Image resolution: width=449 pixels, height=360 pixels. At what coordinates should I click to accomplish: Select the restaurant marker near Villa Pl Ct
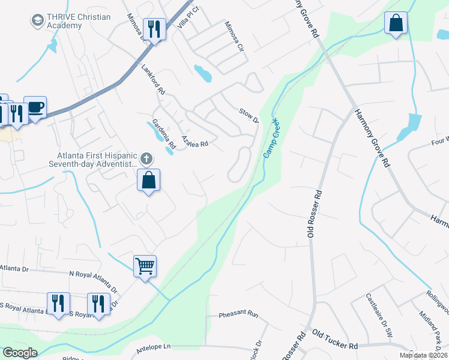tap(154, 29)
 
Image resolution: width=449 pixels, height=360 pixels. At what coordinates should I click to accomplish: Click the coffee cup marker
tap(35, 108)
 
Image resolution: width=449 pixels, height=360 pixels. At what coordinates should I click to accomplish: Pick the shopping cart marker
tap(145, 265)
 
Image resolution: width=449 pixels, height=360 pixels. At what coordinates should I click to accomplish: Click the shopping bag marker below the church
tap(148, 180)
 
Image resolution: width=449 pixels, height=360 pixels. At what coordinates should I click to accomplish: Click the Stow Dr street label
tap(248, 115)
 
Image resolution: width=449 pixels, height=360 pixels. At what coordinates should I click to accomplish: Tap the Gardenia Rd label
tap(163, 134)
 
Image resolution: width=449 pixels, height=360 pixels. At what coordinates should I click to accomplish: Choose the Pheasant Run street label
tap(238, 314)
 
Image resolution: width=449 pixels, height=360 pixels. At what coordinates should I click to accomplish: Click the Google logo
tap(20, 353)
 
